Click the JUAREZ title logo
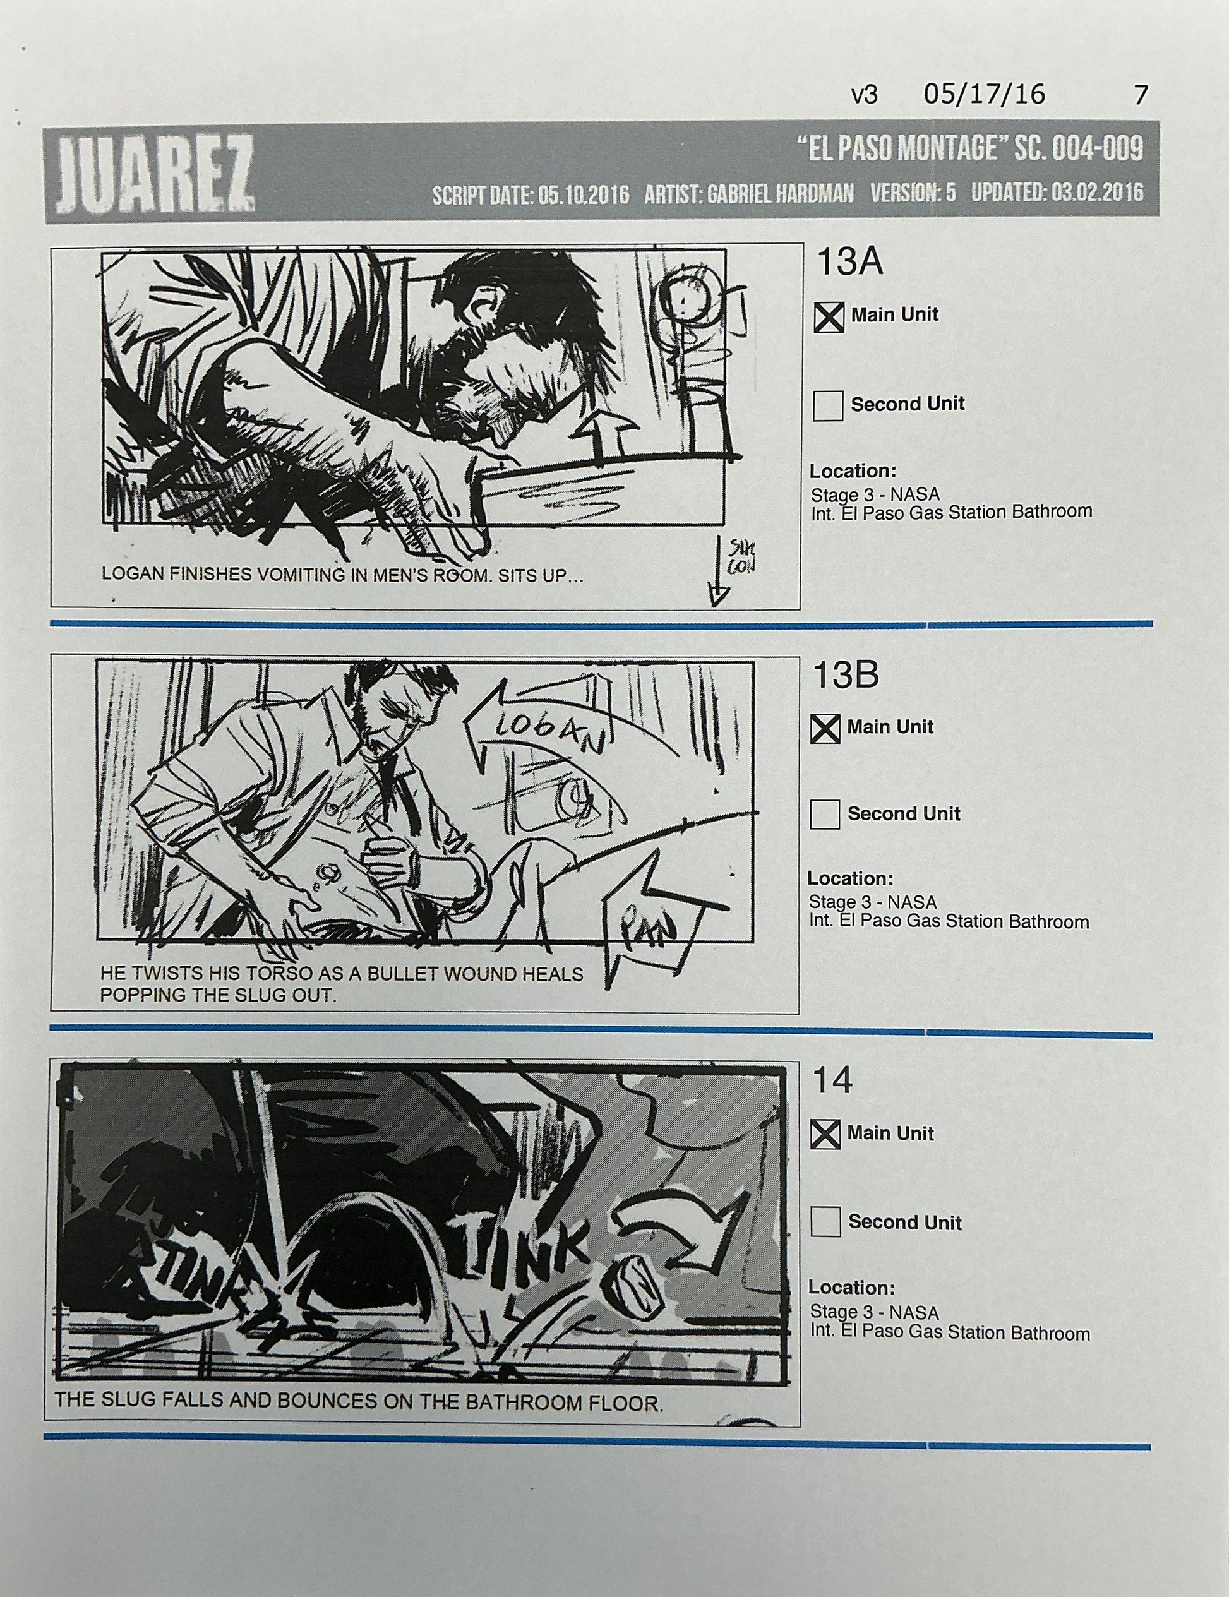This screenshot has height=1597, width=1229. pyautogui.click(x=154, y=173)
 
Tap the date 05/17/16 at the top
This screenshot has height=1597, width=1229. pyautogui.click(x=984, y=94)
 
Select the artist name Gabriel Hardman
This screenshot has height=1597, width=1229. pyautogui.click(x=779, y=194)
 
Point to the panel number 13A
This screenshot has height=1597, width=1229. pyautogui.click(x=849, y=262)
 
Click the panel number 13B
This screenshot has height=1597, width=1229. pyautogui.click(x=845, y=674)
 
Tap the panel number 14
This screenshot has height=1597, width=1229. pyautogui.click(x=833, y=1080)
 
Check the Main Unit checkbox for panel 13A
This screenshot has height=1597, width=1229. pyautogui.click(x=829, y=318)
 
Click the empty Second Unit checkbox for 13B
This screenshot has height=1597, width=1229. pyautogui.click(x=825, y=814)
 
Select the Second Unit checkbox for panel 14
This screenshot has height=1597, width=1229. pyautogui.click(x=825, y=1222)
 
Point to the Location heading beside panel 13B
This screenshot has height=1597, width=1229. pyautogui.click(x=850, y=878)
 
